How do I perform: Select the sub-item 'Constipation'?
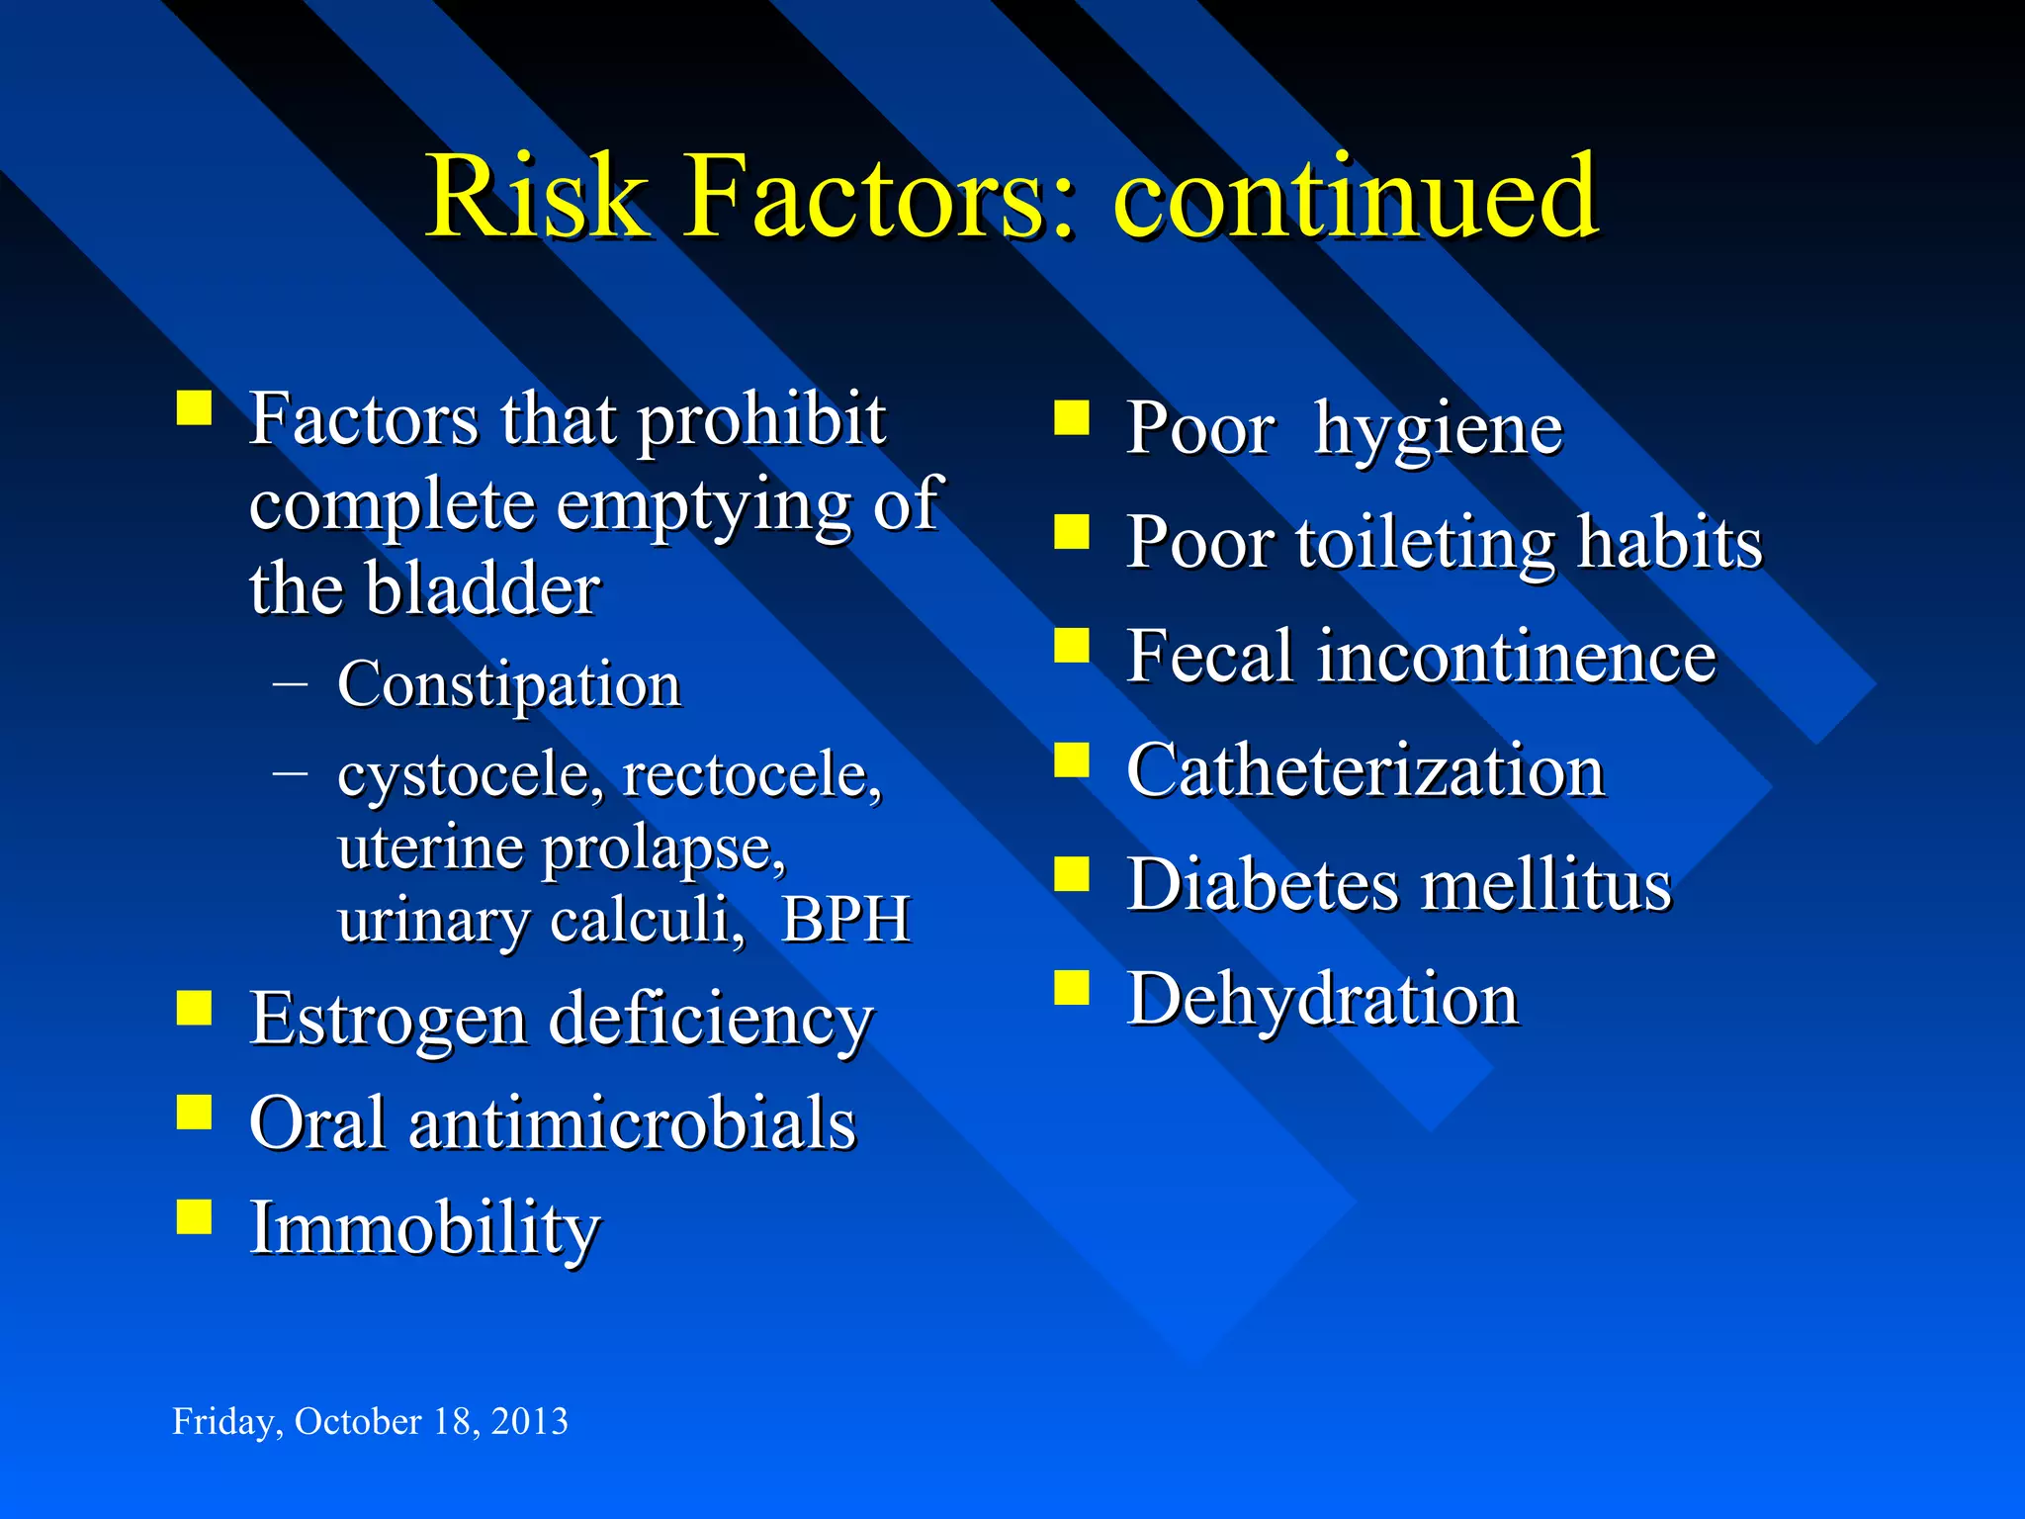pyautogui.click(x=509, y=684)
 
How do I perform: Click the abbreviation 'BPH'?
pyautogui.click(x=845, y=920)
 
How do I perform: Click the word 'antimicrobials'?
pyautogui.click(x=632, y=1123)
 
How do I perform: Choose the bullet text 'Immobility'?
pyautogui.click(x=424, y=1228)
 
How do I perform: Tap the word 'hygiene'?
pyautogui.click(x=1438, y=429)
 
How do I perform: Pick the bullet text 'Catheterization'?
pyautogui.click(x=1365, y=770)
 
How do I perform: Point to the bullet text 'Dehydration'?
pyautogui.click(x=1322, y=999)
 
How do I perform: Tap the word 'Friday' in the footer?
pyautogui.click(x=222, y=1421)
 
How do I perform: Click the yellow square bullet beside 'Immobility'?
pyautogui.click(x=195, y=1217)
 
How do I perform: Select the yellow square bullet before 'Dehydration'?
pyautogui.click(x=1072, y=987)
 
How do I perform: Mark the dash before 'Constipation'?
pyautogui.click(x=290, y=683)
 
